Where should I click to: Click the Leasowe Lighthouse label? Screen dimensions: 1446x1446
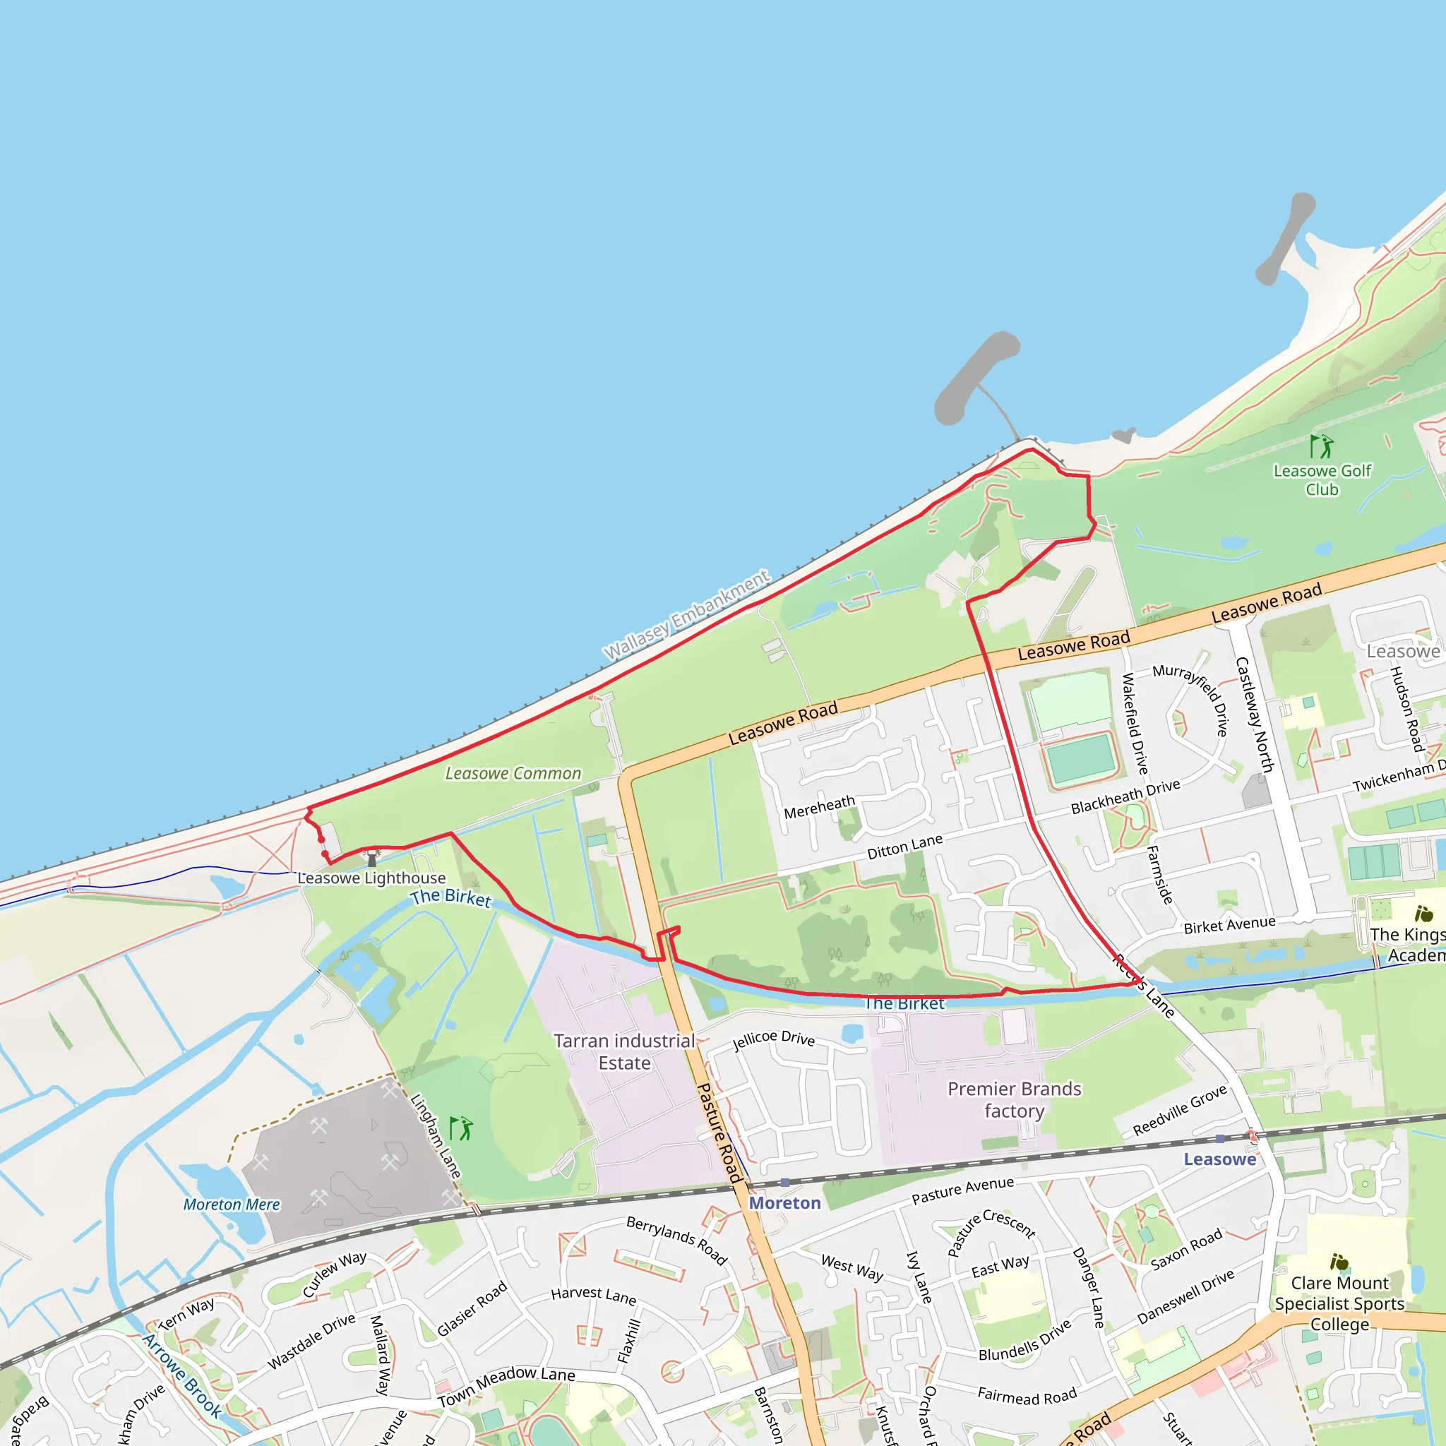tap(371, 878)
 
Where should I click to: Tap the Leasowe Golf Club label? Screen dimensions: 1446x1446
tap(1322, 479)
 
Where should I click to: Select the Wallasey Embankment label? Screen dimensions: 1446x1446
tap(686, 615)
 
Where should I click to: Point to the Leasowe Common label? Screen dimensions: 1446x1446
tap(513, 773)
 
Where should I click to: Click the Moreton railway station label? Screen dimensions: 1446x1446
tap(784, 1202)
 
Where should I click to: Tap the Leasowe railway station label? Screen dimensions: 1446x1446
tap(1219, 1159)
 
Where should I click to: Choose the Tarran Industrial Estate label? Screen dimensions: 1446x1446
tap(624, 1051)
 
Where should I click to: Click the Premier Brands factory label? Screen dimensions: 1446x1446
tap(1014, 1099)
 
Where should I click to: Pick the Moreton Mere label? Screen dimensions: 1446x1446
tap(232, 1205)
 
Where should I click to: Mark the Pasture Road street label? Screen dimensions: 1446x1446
tap(719, 1133)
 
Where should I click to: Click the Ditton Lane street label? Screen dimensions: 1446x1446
tap(904, 847)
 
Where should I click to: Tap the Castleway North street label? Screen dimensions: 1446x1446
tap(1254, 715)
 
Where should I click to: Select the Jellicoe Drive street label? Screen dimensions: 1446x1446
tap(773, 1039)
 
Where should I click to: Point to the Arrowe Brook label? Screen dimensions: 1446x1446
tap(182, 1375)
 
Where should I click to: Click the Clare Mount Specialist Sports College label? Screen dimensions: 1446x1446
tap(1339, 1303)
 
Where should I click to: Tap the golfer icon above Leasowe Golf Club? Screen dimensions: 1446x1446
tap(1322, 446)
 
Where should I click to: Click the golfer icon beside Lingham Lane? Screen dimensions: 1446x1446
tap(461, 1128)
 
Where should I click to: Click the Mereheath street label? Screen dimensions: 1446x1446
tap(819, 807)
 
